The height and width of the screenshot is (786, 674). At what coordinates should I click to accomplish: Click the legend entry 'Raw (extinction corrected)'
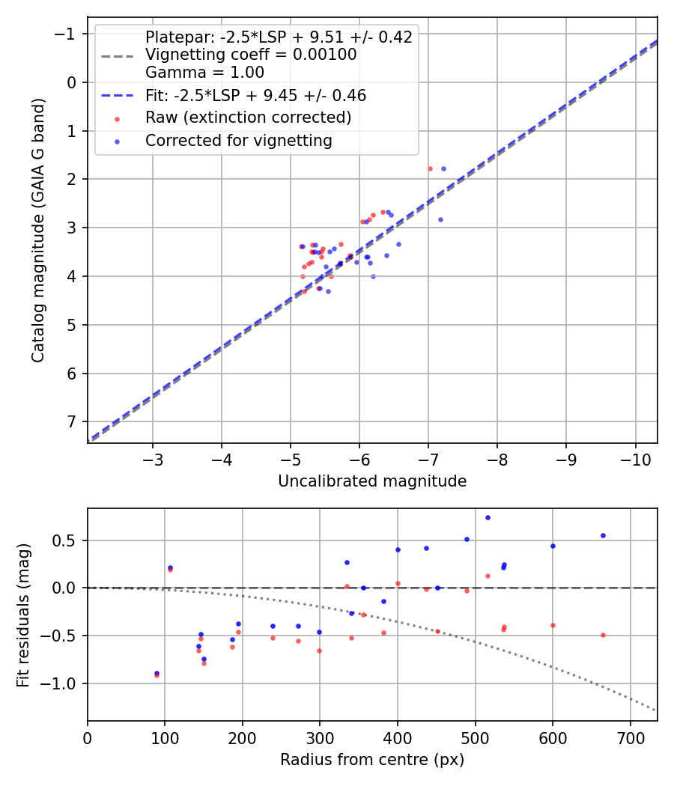[x=248, y=118]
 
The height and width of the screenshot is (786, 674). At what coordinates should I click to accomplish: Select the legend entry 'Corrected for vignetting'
[x=239, y=140]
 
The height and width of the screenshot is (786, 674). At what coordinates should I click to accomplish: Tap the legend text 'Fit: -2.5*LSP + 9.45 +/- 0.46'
[x=255, y=95]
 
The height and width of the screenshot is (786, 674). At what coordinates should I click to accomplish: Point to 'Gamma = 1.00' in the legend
[x=204, y=73]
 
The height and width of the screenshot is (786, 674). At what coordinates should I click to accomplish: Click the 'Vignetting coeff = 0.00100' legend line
[x=251, y=55]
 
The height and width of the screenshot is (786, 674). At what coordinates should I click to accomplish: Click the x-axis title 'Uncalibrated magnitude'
[x=372, y=481]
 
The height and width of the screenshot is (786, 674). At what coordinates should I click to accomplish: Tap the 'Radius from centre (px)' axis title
[x=372, y=760]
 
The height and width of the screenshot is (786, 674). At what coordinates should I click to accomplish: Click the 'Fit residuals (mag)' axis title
[x=23, y=614]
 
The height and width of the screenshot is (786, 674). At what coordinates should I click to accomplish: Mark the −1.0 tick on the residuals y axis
[x=64, y=683]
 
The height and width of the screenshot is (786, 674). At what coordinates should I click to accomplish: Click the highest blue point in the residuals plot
[x=488, y=517]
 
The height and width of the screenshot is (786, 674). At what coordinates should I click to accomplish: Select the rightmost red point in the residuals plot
[x=602, y=635]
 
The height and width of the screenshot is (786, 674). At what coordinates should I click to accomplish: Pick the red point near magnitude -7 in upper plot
[x=430, y=168]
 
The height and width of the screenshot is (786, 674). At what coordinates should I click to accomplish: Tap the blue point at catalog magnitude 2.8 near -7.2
[x=440, y=219]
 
